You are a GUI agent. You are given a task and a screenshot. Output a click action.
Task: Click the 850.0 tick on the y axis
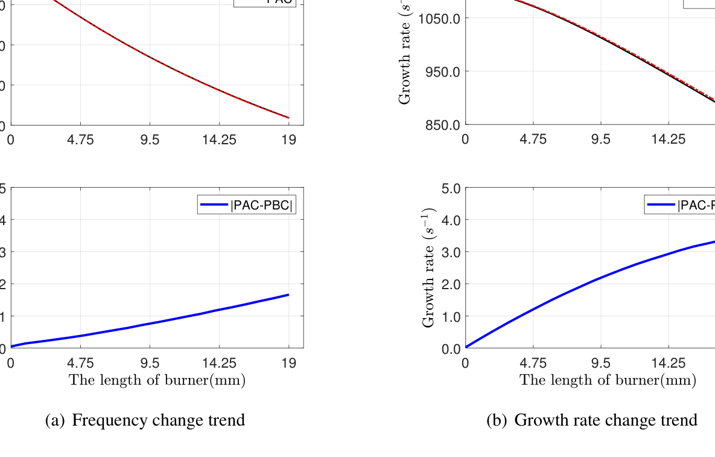444,125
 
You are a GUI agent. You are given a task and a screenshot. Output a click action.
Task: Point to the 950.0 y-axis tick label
444,72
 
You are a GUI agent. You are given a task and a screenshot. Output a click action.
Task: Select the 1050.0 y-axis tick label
441,18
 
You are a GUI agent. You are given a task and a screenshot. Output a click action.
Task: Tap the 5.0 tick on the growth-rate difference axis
451,188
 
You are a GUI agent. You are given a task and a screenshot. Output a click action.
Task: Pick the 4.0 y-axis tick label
451,220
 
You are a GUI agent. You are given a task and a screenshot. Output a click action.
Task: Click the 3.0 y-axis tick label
451,252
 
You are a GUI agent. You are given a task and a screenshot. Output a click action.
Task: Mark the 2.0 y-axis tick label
451,284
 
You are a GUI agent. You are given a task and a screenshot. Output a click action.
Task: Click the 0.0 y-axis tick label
451,349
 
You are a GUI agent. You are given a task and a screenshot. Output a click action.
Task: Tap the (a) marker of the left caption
55,420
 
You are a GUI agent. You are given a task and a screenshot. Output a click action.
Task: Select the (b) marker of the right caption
497,420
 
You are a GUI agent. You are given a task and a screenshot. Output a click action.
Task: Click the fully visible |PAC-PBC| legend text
262,205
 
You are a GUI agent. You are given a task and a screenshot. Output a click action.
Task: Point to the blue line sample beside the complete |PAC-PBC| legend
214,205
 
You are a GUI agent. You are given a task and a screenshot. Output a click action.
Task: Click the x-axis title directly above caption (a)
157,380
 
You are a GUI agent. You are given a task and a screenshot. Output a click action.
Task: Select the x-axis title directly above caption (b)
608,380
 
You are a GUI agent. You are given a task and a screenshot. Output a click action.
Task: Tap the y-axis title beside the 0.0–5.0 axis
429,268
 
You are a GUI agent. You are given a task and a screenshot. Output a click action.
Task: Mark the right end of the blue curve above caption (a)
289,295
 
